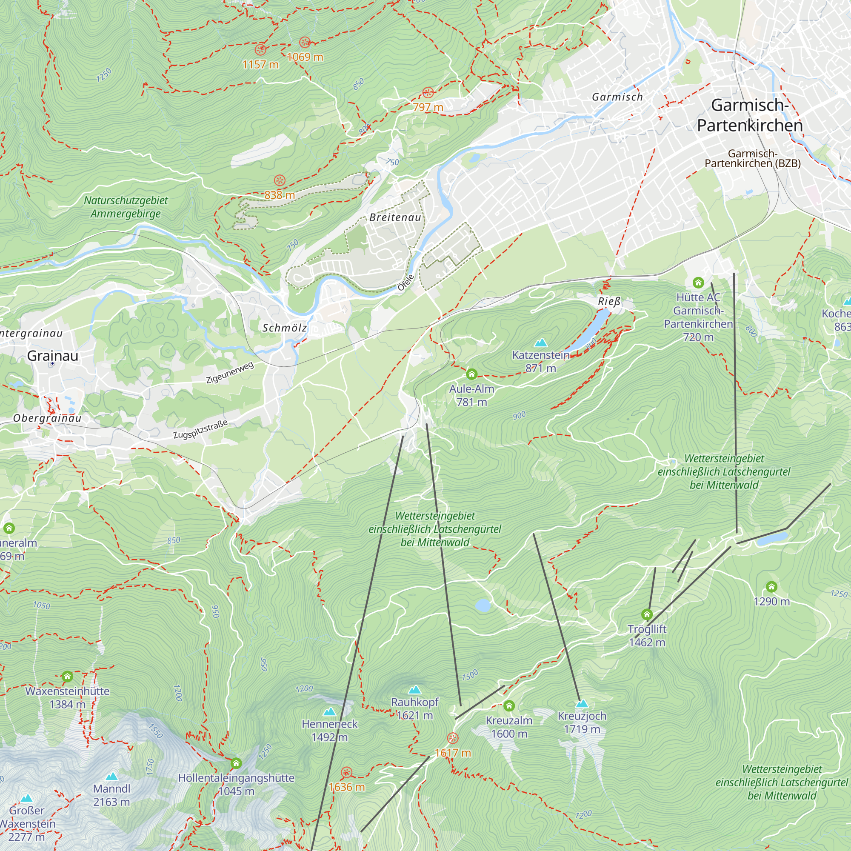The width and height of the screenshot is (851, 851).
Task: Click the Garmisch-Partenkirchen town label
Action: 750,115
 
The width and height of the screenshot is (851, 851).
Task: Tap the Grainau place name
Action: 53,355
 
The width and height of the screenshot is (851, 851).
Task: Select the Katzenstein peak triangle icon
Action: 540,342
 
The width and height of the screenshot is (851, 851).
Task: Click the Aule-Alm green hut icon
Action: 472,374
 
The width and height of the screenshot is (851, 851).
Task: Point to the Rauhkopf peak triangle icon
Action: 414,690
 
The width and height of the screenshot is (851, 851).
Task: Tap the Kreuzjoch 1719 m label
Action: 582,722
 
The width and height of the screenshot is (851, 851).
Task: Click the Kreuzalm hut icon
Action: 509,706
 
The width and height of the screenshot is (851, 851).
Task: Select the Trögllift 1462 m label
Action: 647,636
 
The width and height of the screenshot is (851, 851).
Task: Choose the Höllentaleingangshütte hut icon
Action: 236,763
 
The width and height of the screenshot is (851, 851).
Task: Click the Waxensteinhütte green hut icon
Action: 67,676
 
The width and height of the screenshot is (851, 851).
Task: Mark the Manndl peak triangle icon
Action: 112,776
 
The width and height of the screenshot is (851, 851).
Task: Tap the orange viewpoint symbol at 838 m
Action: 280,180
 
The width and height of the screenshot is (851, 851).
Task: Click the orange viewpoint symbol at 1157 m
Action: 261,49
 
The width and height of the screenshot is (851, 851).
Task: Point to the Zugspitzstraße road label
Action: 200,429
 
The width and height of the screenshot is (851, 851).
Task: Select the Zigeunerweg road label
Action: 229,373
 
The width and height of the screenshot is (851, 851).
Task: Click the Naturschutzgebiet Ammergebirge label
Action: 126,207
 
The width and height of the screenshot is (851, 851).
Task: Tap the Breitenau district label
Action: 395,217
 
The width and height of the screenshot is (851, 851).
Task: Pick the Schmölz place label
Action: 285,328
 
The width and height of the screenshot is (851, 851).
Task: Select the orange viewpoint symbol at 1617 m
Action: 453,738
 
